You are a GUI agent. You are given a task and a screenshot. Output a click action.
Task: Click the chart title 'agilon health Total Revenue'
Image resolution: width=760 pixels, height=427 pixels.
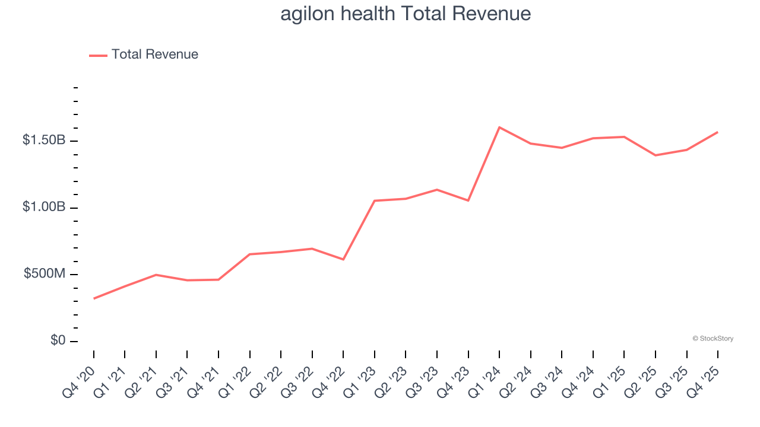coord(406,14)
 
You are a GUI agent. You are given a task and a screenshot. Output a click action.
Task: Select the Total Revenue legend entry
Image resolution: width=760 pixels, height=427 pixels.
coord(144,55)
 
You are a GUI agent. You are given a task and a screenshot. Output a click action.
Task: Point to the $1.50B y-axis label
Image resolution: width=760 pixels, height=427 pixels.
coord(44,141)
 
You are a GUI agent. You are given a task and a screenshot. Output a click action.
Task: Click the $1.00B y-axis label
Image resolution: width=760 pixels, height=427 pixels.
coord(44,208)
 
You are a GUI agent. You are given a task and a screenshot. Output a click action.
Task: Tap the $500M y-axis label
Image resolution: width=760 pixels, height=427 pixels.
coord(45,274)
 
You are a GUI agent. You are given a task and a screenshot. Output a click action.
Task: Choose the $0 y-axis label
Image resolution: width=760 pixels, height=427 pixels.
coord(58,341)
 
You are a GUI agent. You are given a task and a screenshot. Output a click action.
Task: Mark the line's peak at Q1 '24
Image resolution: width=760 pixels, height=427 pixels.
coord(499,127)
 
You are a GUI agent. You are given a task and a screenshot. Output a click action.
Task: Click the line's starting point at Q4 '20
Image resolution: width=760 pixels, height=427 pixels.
coord(94,298)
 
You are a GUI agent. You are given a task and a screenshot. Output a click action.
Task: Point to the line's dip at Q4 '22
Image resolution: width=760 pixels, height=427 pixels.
coord(343,259)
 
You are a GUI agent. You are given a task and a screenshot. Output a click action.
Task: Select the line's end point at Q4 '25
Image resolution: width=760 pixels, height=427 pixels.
coord(717,132)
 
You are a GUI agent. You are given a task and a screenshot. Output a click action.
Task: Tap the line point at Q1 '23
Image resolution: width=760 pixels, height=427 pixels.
coord(375,200)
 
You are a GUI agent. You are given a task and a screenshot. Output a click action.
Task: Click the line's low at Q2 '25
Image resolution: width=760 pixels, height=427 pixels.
coord(655,155)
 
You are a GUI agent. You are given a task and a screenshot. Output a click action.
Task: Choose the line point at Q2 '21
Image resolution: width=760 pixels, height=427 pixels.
coord(156,275)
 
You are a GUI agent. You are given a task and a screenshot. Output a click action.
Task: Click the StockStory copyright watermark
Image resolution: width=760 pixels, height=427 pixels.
coord(712,339)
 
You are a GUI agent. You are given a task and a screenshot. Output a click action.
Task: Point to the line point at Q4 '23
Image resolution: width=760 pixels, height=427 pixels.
coord(468,200)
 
